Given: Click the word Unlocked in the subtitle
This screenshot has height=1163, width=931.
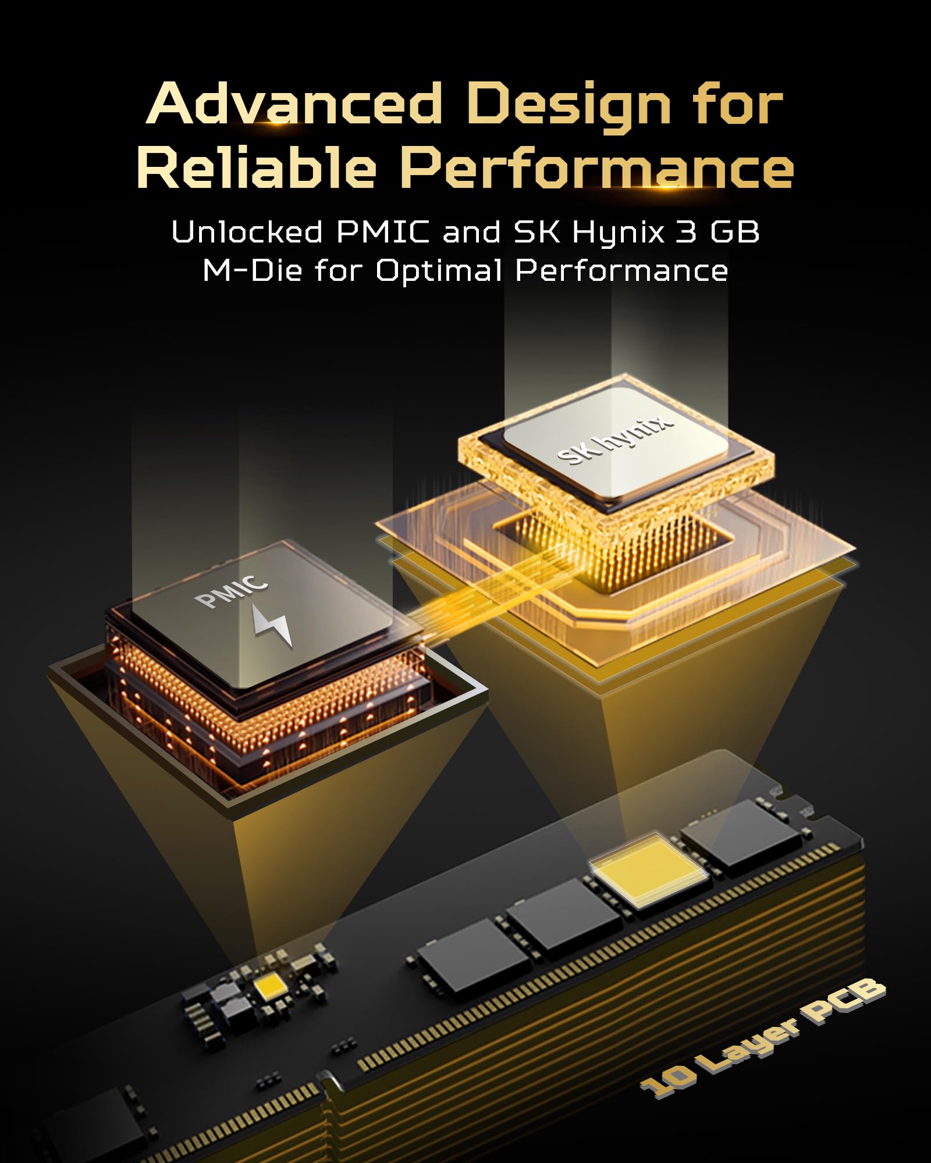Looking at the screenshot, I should point(247,232).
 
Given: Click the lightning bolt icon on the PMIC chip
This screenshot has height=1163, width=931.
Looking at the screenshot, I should point(272,626).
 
